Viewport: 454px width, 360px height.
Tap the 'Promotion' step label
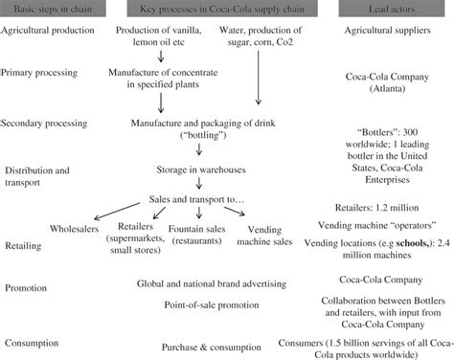(27, 287)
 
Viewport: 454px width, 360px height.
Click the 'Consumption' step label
(34, 341)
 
